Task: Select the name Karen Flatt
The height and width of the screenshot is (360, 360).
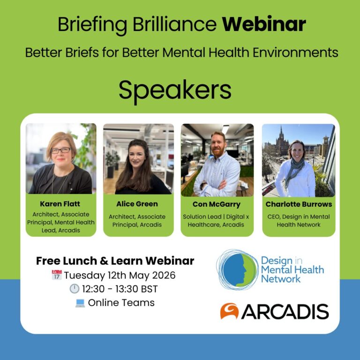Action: (x=60, y=204)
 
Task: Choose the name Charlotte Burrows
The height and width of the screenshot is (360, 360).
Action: (x=299, y=204)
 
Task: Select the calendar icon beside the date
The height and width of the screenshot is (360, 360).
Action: (x=57, y=275)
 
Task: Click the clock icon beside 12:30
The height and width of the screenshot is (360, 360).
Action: (x=75, y=289)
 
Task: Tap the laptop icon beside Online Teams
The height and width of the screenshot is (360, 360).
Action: (x=80, y=303)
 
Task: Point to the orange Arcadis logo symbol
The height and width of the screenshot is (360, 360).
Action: (x=230, y=311)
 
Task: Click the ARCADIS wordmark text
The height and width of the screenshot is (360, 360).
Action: (x=285, y=312)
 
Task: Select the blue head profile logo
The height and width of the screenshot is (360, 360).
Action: (x=237, y=269)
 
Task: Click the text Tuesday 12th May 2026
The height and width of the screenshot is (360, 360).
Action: (x=120, y=275)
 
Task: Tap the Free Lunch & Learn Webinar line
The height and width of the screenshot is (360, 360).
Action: (x=115, y=261)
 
